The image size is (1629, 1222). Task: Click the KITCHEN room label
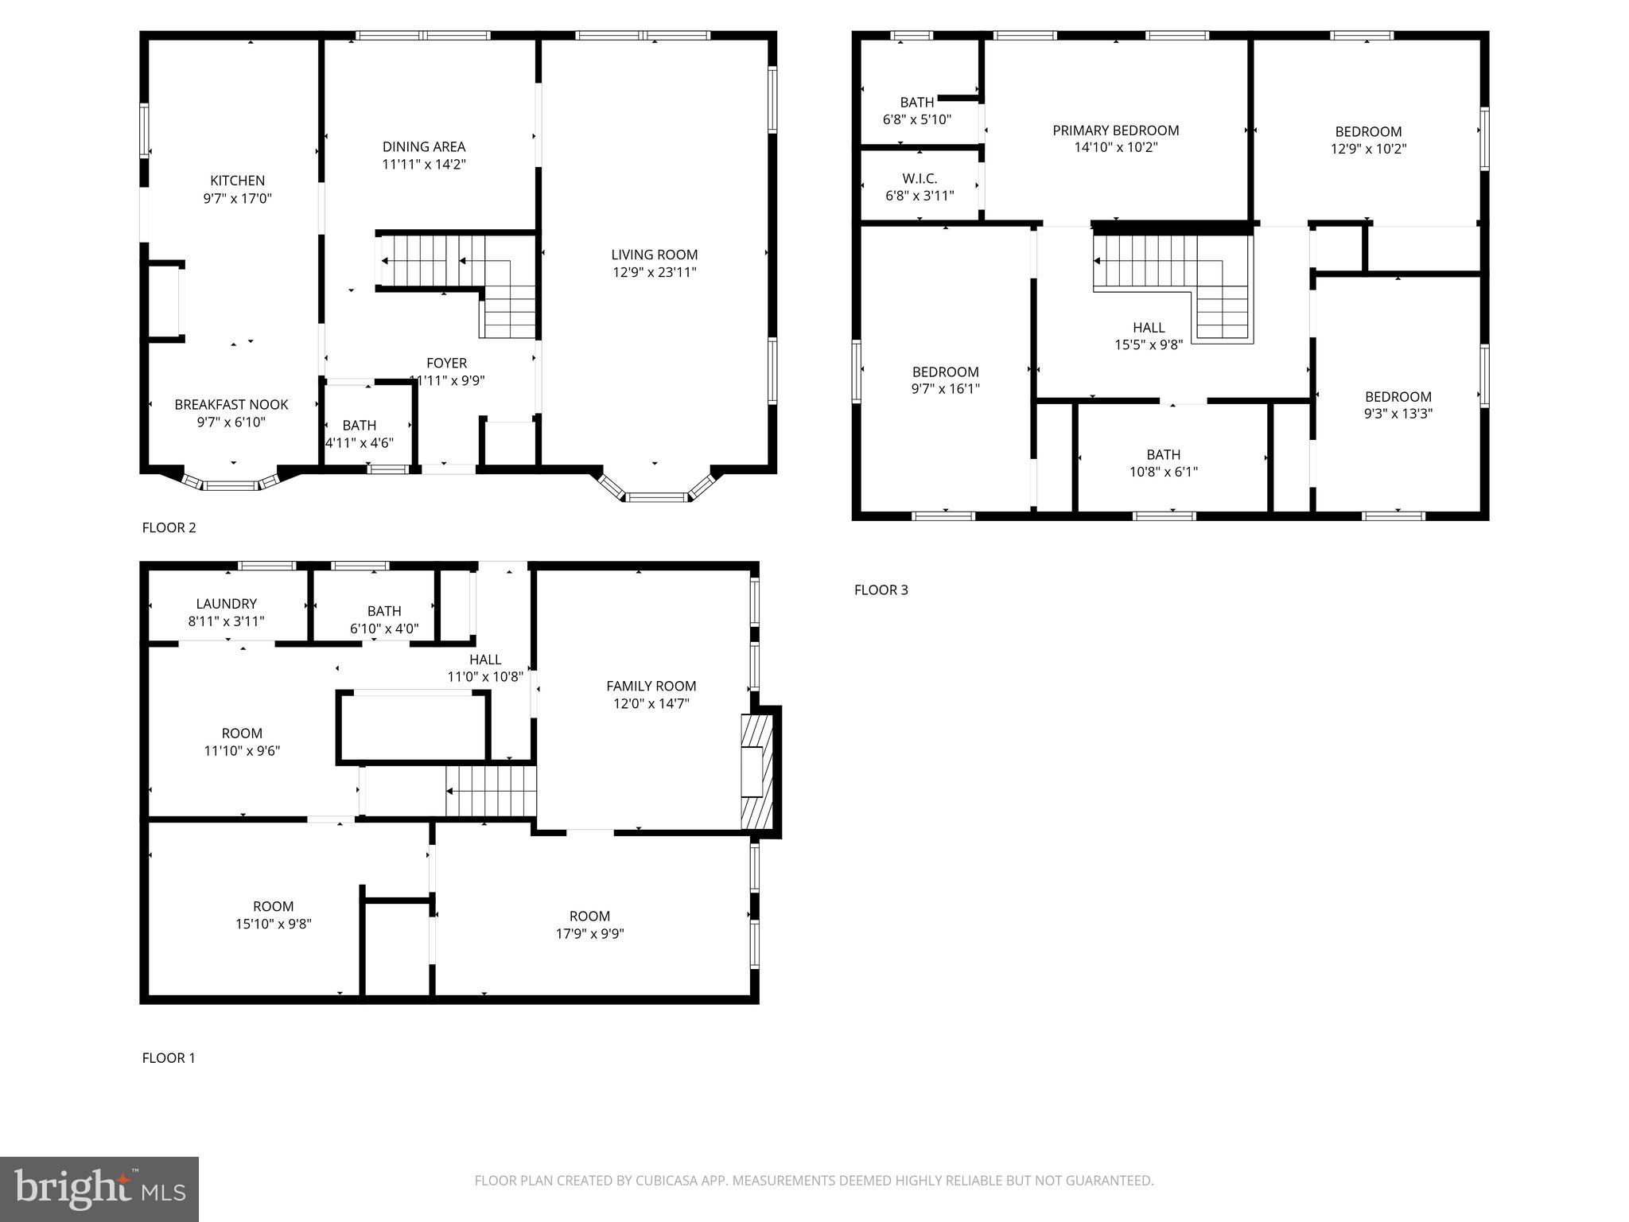coord(237,181)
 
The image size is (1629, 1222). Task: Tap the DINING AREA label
coord(423,146)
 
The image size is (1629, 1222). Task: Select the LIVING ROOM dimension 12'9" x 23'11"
coord(654,272)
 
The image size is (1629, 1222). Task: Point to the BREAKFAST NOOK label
coord(231,404)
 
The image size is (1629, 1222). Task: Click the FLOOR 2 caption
coord(169,527)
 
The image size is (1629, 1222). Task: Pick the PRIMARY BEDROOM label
coord(1115,130)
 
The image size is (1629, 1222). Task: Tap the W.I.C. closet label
coord(919,178)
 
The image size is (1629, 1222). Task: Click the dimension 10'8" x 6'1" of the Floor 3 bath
coord(1163,472)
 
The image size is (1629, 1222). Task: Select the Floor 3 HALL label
coord(1149,327)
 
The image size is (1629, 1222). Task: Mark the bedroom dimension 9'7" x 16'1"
coord(945,389)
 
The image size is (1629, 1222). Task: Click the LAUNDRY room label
coord(226,604)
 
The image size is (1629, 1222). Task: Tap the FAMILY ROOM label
coord(651,686)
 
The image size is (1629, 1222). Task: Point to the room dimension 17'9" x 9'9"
coord(589,933)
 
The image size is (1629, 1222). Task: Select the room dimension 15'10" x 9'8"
coord(273,924)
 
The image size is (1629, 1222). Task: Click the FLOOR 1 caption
coord(169,1057)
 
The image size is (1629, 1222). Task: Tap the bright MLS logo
coord(99,1189)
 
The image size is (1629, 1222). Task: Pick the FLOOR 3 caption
coord(881,590)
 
